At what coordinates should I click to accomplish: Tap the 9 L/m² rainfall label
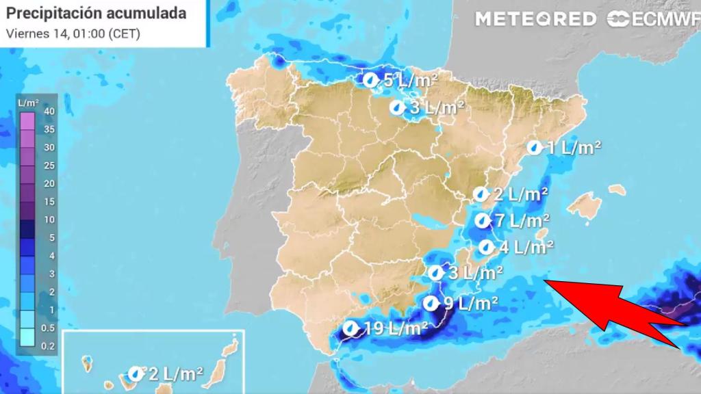470,303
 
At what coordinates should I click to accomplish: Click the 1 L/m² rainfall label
573,147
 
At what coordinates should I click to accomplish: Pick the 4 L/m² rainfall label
526,247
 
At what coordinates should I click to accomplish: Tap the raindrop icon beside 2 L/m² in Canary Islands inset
136,373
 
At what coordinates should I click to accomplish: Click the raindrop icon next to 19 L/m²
351,329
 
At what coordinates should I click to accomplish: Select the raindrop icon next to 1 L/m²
534,147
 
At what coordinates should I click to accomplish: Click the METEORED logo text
535,19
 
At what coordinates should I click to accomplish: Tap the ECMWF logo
653,19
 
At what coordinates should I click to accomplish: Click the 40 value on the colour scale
49,111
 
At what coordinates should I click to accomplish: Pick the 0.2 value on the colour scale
49,347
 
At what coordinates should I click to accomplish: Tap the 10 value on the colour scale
49,220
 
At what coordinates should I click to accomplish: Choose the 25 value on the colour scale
49,166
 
